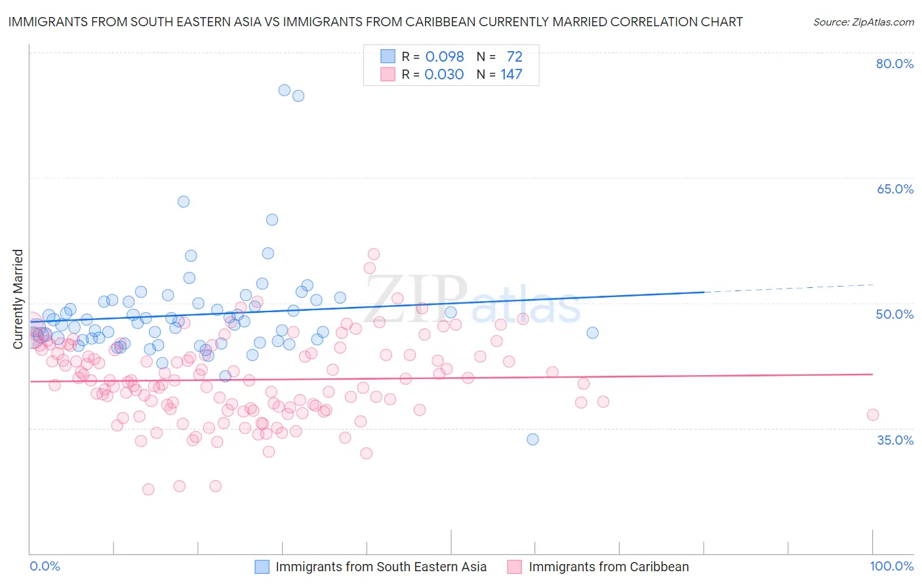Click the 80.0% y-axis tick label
pyautogui.click(x=894, y=64)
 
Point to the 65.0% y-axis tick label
pyautogui.click(x=894, y=189)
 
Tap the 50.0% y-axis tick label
pyautogui.click(x=894, y=314)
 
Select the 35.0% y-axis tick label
pyautogui.click(x=894, y=440)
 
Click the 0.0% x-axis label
pyautogui.click(x=45, y=566)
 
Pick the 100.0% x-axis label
pyautogui.click(x=891, y=566)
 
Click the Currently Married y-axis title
pyautogui.click(x=18, y=299)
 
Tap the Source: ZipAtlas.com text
pyautogui.click(x=863, y=22)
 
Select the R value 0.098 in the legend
pyautogui.click(x=445, y=56)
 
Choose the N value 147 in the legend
pyautogui.click(x=511, y=74)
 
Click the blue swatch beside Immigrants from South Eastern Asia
pyautogui.click(x=262, y=567)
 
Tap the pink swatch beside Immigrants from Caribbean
pyautogui.click(x=515, y=567)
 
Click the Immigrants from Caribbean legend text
pyautogui.click(x=609, y=567)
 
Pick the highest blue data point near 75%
pyautogui.click(x=285, y=90)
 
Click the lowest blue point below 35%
pyautogui.click(x=532, y=439)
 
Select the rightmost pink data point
pyautogui.click(x=873, y=414)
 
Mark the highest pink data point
pyautogui.click(x=374, y=254)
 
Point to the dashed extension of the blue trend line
pyautogui.click(x=787, y=288)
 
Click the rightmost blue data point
pyautogui.click(x=592, y=333)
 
